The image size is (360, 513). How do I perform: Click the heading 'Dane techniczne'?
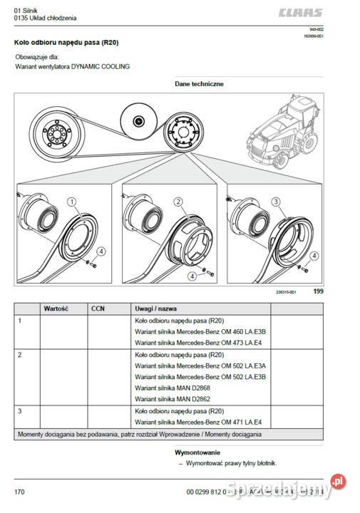click(199, 83)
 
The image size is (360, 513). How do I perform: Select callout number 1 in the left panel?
click(72, 202)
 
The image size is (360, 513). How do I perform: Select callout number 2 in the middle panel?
click(178, 202)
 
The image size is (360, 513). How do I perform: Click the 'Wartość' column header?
click(56, 309)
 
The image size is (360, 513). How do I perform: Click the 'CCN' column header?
click(98, 309)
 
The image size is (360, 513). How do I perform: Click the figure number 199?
click(319, 291)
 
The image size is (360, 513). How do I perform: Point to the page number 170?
click(19, 492)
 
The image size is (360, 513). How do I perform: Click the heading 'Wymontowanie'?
click(197, 452)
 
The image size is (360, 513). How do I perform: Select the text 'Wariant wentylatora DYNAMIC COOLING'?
click(73, 66)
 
